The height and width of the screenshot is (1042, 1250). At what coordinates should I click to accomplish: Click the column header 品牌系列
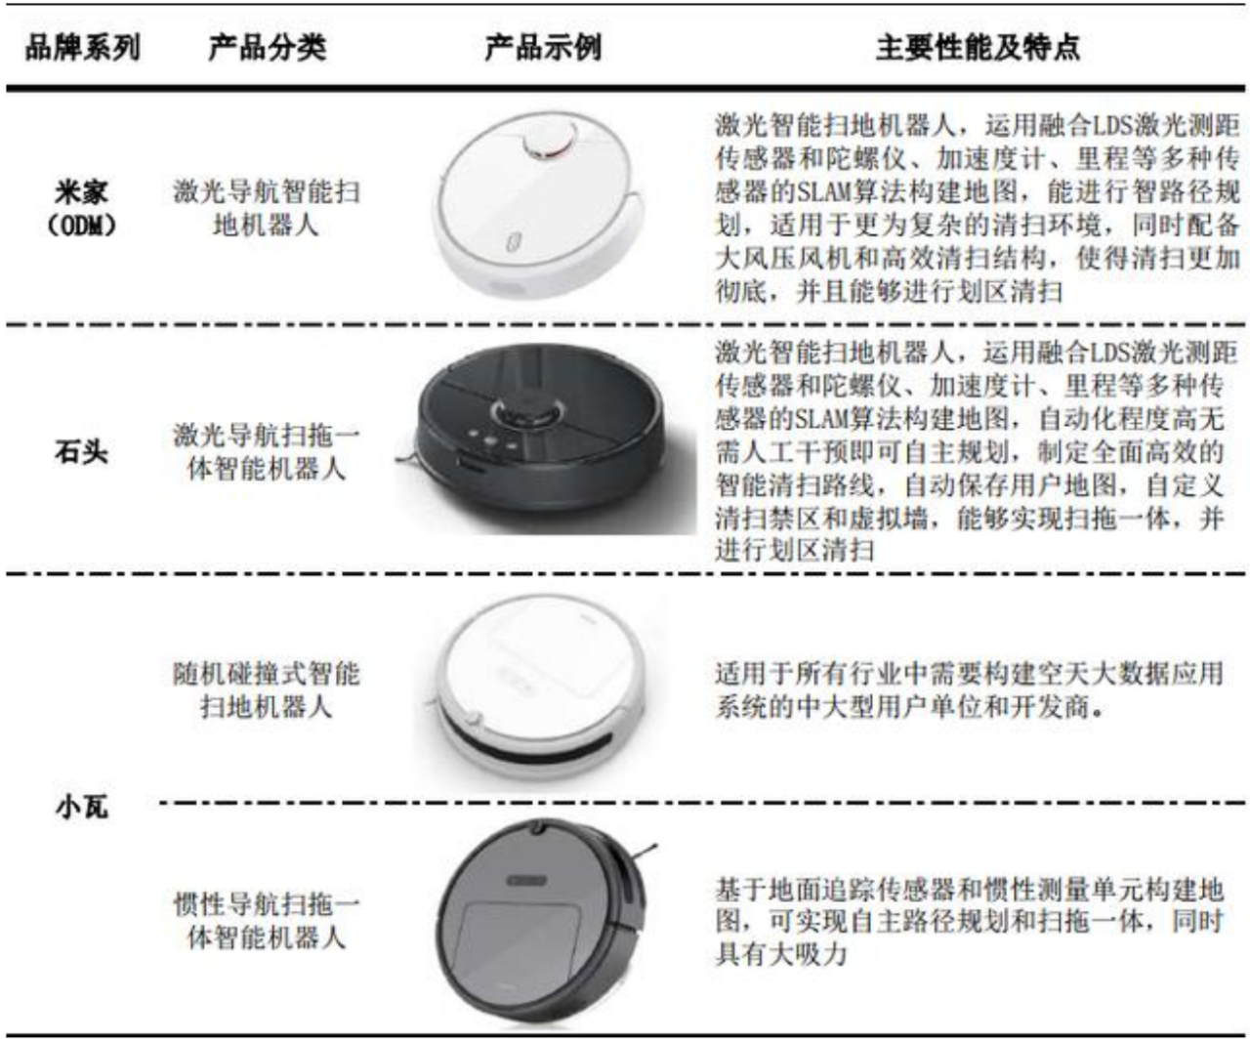(83, 47)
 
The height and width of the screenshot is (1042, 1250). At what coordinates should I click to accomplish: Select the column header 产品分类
(268, 47)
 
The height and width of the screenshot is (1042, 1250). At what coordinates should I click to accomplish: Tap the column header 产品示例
(543, 47)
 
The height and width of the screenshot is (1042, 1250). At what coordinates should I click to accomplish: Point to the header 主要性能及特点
(978, 47)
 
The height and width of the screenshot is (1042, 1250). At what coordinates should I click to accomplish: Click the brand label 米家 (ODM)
(82, 208)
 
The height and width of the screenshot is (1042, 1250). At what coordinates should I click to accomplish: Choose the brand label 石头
(82, 451)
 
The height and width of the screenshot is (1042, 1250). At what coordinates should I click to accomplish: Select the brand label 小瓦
(82, 808)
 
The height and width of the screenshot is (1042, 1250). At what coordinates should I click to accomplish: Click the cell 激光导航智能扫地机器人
(267, 208)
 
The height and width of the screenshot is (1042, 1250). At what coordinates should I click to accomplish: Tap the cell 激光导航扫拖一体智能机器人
(267, 451)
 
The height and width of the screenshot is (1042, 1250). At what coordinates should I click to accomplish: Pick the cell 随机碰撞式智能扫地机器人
(267, 689)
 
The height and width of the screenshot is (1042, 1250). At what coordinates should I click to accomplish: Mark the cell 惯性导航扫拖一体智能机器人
(267, 921)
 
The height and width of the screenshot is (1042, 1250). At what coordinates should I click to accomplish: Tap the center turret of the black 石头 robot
(526, 412)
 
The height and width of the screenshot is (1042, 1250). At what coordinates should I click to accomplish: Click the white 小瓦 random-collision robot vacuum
(537, 688)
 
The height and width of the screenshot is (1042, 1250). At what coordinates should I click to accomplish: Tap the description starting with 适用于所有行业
(970, 689)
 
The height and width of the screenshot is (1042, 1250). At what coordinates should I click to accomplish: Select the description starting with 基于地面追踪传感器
(970, 921)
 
